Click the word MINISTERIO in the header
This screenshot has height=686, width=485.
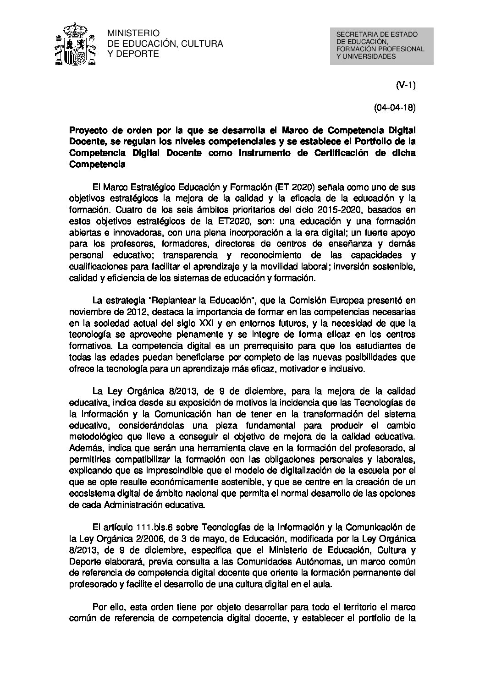(133, 33)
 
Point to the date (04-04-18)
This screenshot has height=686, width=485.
(395, 109)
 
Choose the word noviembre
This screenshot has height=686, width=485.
(88, 312)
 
